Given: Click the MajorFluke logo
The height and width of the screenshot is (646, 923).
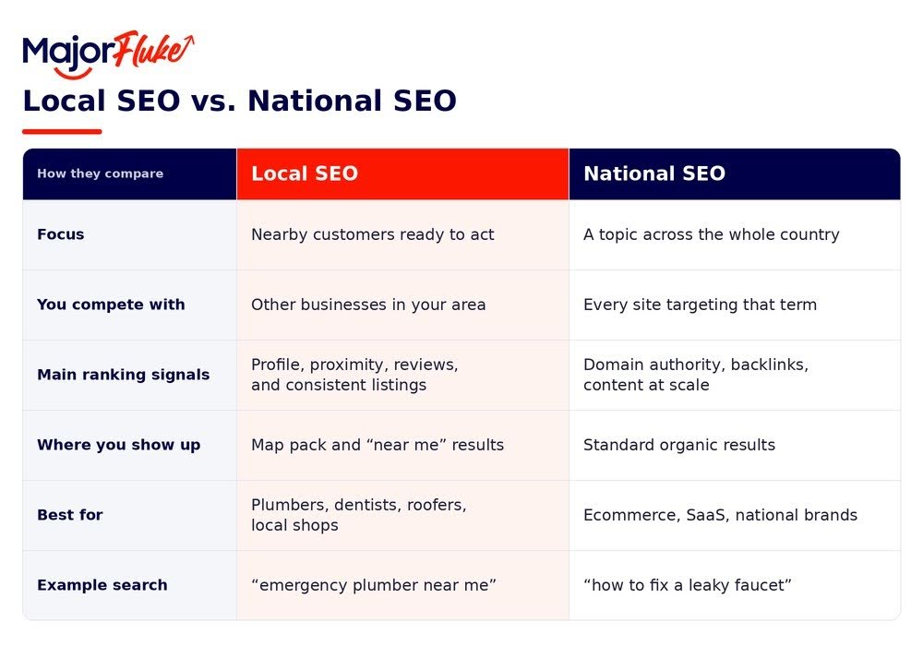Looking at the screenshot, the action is (x=108, y=54).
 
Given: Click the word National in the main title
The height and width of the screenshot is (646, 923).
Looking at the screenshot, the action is (x=315, y=101).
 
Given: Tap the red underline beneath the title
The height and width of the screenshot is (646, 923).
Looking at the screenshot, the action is (x=62, y=132).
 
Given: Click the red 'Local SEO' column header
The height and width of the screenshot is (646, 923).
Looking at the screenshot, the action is (x=402, y=174).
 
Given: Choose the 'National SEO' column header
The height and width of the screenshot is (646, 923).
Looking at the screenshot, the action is (x=735, y=174).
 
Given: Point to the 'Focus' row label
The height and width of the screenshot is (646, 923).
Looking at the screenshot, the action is (x=61, y=234).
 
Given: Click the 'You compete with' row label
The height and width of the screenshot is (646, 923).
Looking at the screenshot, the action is (x=111, y=305).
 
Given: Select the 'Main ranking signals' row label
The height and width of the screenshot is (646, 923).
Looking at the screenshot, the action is (x=123, y=375).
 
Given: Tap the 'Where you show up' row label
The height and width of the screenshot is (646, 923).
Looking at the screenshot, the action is (x=118, y=445).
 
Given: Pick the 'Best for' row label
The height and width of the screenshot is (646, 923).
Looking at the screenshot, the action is (x=70, y=515).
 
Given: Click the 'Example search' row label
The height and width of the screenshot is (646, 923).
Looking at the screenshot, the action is (x=102, y=585).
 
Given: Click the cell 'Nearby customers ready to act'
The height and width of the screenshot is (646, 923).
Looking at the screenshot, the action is (x=373, y=234).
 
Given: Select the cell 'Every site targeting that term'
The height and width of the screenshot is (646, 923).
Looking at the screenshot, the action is (x=700, y=305).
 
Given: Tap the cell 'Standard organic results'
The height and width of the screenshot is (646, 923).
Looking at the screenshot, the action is (x=679, y=445).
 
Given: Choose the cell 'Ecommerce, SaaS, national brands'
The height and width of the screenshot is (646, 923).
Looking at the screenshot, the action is (x=721, y=515).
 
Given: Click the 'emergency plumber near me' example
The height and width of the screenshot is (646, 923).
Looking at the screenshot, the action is (x=374, y=585).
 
